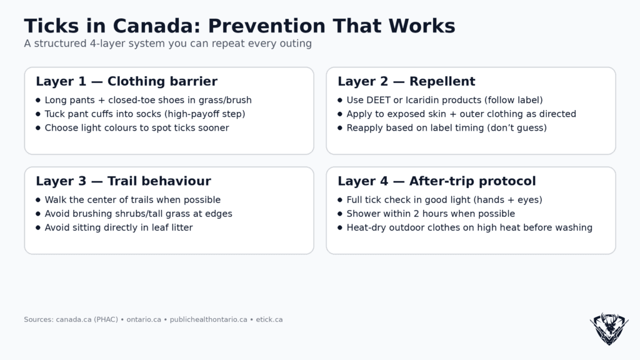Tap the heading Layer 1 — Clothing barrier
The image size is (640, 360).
(x=126, y=81)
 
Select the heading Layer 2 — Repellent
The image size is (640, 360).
(x=406, y=81)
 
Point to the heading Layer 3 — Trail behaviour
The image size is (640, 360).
(x=123, y=181)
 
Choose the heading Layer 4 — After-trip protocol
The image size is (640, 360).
(x=436, y=181)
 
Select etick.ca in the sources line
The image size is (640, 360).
(x=269, y=319)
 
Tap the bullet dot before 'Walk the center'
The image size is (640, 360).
(x=38, y=200)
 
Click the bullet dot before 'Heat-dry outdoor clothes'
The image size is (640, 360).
(x=340, y=227)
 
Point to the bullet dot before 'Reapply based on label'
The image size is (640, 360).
(x=340, y=127)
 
